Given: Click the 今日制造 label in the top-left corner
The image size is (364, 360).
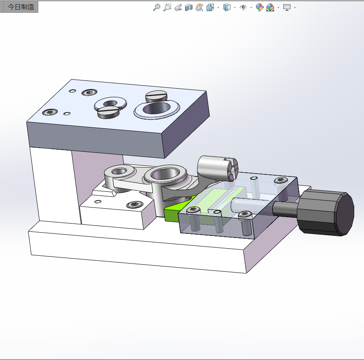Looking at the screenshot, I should point(21,7).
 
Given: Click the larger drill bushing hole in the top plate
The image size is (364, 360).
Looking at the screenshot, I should point(157,108).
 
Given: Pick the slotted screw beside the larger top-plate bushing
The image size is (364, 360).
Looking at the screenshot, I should point(156,96).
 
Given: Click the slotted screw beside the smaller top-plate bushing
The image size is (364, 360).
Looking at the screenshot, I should point(108,112).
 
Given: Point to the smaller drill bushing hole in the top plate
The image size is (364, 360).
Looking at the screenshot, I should point(110,103).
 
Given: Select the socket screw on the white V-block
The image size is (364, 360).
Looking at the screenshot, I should point(134,205).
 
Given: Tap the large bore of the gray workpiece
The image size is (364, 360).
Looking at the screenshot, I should point(167,174).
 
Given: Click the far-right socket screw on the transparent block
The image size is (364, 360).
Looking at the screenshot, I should point(281,180).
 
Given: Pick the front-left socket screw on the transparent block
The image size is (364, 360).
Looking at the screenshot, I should point(193,210).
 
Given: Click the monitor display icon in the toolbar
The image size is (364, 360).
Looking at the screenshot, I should point(287,7).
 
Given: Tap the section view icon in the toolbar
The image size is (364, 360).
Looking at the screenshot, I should point(189,7).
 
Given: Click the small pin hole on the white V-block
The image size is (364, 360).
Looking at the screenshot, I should point(98,202).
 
